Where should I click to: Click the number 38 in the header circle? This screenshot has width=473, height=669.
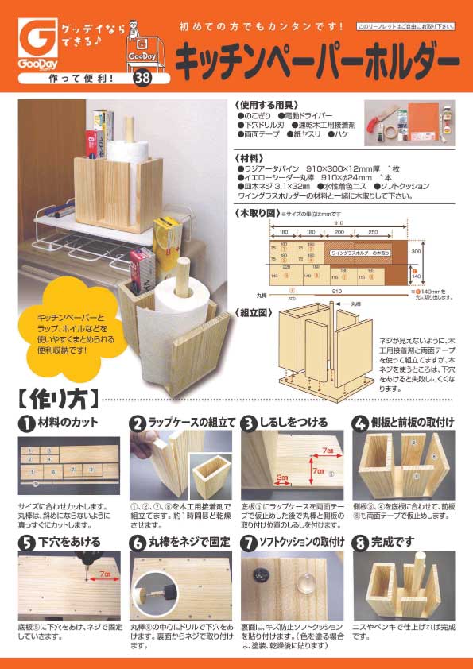pos(142,78)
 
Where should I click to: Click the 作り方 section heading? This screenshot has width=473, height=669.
pos(57,395)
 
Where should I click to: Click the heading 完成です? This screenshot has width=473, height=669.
pos(397,543)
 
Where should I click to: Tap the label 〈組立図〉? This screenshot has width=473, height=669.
pos(254,311)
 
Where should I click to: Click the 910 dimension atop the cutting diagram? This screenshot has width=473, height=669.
pos(339,225)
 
